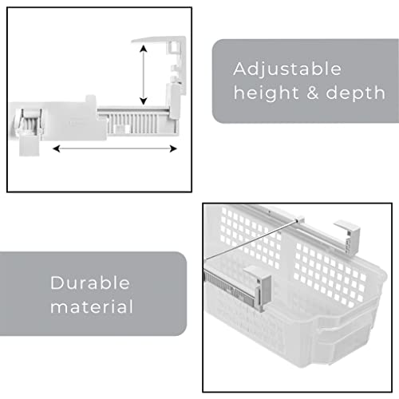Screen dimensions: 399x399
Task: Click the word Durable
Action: coord(91,282)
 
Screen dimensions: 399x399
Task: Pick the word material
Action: coord(91,306)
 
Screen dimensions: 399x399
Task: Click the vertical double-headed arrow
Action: coord(143,74)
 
